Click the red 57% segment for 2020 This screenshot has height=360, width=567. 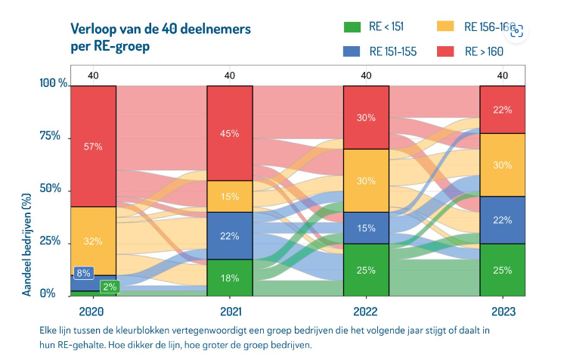(x=93, y=146)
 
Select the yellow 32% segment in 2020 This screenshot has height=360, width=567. (x=93, y=241)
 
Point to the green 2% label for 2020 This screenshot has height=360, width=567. (x=109, y=286)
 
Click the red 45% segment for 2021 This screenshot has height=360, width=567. (x=230, y=133)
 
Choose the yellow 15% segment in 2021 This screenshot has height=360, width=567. (x=230, y=197)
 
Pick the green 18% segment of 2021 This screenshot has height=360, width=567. (x=230, y=278)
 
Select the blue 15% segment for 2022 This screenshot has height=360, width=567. (x=366, y=228)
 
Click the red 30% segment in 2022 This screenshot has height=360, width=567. (x=366, y=117)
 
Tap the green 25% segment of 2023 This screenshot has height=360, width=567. (x=503, y=270)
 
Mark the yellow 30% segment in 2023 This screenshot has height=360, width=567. (x=503, y=165)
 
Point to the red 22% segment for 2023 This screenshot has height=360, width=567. (x=503, y=110)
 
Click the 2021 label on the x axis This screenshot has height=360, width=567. (x=230, y=312)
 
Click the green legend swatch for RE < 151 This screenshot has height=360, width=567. (x=353, y=27)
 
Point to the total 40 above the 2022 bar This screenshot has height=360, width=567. (x=366, y=75)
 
